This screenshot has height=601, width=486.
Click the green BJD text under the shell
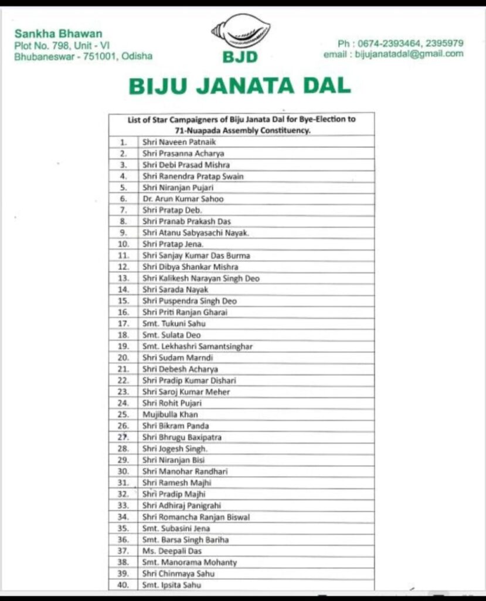coord(240,58)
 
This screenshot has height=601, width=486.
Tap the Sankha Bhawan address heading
coord(58,33)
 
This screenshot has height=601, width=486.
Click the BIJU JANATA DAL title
coord(240,86)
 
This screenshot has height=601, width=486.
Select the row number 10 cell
coord(123,244)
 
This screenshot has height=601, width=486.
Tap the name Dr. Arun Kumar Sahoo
coord(183,199)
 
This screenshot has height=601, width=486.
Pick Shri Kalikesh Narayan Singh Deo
coord(200,278)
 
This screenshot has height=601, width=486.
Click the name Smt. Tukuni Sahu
coord(174,323)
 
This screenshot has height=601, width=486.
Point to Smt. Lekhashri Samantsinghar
coord(198,346)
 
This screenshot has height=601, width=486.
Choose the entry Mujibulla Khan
coord(170,414)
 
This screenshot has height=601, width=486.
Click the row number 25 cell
coord(123,414)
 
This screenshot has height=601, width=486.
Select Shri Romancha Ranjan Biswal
coord(196,517)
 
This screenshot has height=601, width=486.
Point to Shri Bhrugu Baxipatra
coord(182,437)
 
